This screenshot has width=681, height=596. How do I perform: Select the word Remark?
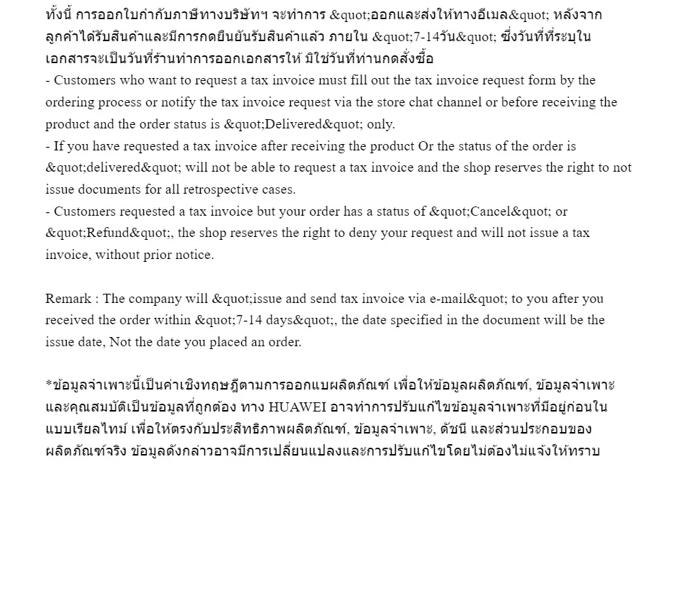tap(68, 299)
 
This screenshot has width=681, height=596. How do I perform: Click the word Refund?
tap(106, 233)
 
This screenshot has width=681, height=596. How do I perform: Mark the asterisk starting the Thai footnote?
tap(49, 385)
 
